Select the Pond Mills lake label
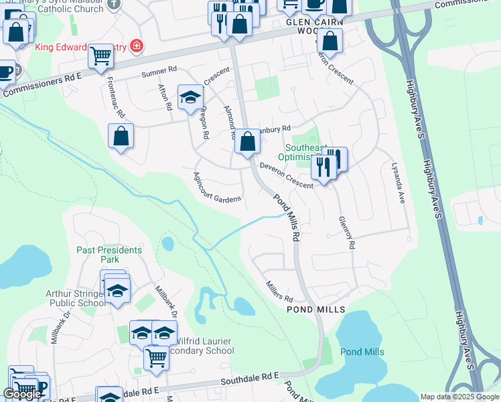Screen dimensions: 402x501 pos(362,352)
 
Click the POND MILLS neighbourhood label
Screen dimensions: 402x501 pos(315,310)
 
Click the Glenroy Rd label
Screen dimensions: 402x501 pos(346,232)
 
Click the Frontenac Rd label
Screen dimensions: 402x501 pos(116,97)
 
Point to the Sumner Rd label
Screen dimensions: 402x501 pos(159,69)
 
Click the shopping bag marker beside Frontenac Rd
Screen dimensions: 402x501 pos(121,136)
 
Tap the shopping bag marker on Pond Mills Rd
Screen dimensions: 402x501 pos(247,141)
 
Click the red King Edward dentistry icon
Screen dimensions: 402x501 pos(137,46)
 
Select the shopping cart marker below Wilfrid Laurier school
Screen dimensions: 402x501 pos(156,357)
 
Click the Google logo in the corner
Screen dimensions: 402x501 pos(22,394)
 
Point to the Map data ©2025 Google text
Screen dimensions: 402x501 pos(459,397)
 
